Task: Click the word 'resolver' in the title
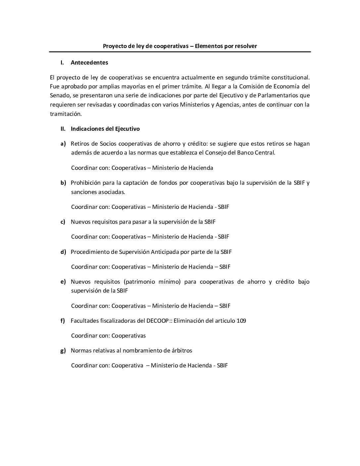[x=246, y=46]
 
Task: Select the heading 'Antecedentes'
[x=89, y=63]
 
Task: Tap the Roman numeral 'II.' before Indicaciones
[x=63, y=129]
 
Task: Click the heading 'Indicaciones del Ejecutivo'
[x=105, y=129]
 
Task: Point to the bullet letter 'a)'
[x=63, y=144]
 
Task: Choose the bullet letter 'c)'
[x=63, y=222]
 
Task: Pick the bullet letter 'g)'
[x=63, y=350]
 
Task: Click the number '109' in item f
[x=241, y=321]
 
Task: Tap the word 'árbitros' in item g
[x=181, y=350]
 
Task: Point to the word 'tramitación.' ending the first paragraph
[x=66, y=114]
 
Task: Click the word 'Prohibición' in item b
[x=87, y=183]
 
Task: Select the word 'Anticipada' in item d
[x=165, y=252]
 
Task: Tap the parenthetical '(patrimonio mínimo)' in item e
[x=152, y=282]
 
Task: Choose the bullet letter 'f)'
[x=63, y=321]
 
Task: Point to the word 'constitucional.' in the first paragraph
[x=290, y=77]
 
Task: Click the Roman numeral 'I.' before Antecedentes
[x=62, y=63]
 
